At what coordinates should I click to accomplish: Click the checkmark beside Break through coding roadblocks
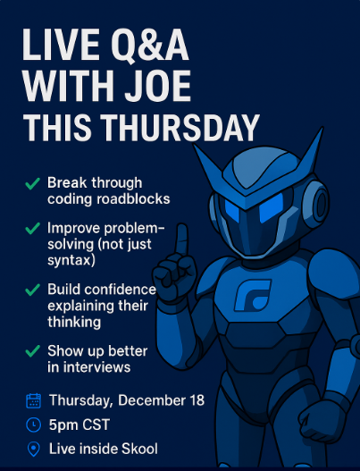[32, 182]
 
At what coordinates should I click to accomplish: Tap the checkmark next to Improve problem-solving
[32, 228]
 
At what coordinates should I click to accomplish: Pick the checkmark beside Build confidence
[32, 290]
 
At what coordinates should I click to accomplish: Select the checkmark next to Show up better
[32, 350]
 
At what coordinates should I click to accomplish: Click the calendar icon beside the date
[34, 400]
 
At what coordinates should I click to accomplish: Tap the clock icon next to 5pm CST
[34, 425]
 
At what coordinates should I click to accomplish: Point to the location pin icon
[34, 449]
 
